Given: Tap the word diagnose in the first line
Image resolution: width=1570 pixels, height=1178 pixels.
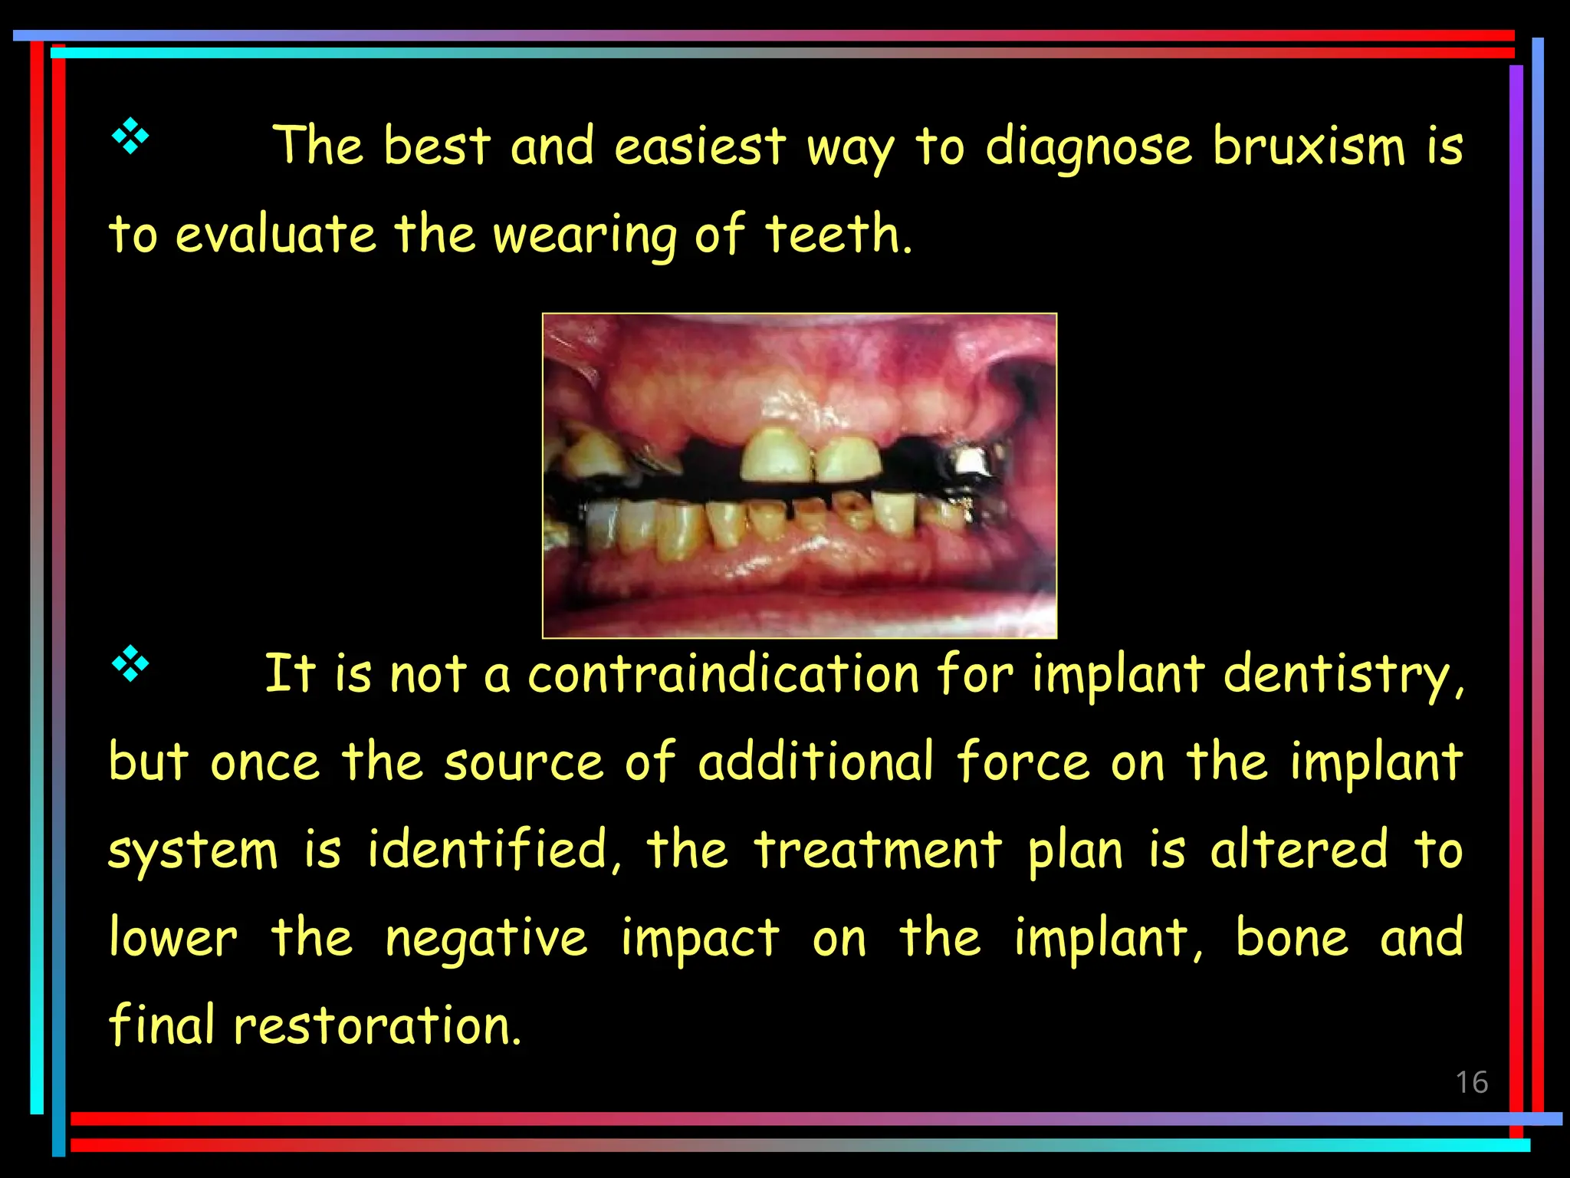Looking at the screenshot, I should coord(1089,148).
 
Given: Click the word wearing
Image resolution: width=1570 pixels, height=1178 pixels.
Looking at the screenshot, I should coord(585,235).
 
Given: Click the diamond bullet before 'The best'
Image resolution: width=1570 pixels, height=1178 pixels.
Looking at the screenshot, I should coord(130,137).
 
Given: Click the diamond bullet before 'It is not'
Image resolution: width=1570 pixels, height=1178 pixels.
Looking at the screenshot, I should coord(130,664).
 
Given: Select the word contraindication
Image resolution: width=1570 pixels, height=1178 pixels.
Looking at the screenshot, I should coord(724,674).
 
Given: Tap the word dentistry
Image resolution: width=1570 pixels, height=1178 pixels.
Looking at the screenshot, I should coord(1343,676).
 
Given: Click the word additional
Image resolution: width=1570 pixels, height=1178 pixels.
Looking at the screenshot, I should coord(816,762).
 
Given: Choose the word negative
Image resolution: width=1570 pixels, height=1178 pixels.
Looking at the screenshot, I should coord(486,939).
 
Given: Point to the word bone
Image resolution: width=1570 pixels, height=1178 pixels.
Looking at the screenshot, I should coord(1292,938).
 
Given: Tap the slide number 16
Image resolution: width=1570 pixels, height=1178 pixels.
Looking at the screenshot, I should coord(1471,1082).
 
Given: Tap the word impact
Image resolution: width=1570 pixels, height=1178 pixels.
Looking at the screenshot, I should coord(700,939).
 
